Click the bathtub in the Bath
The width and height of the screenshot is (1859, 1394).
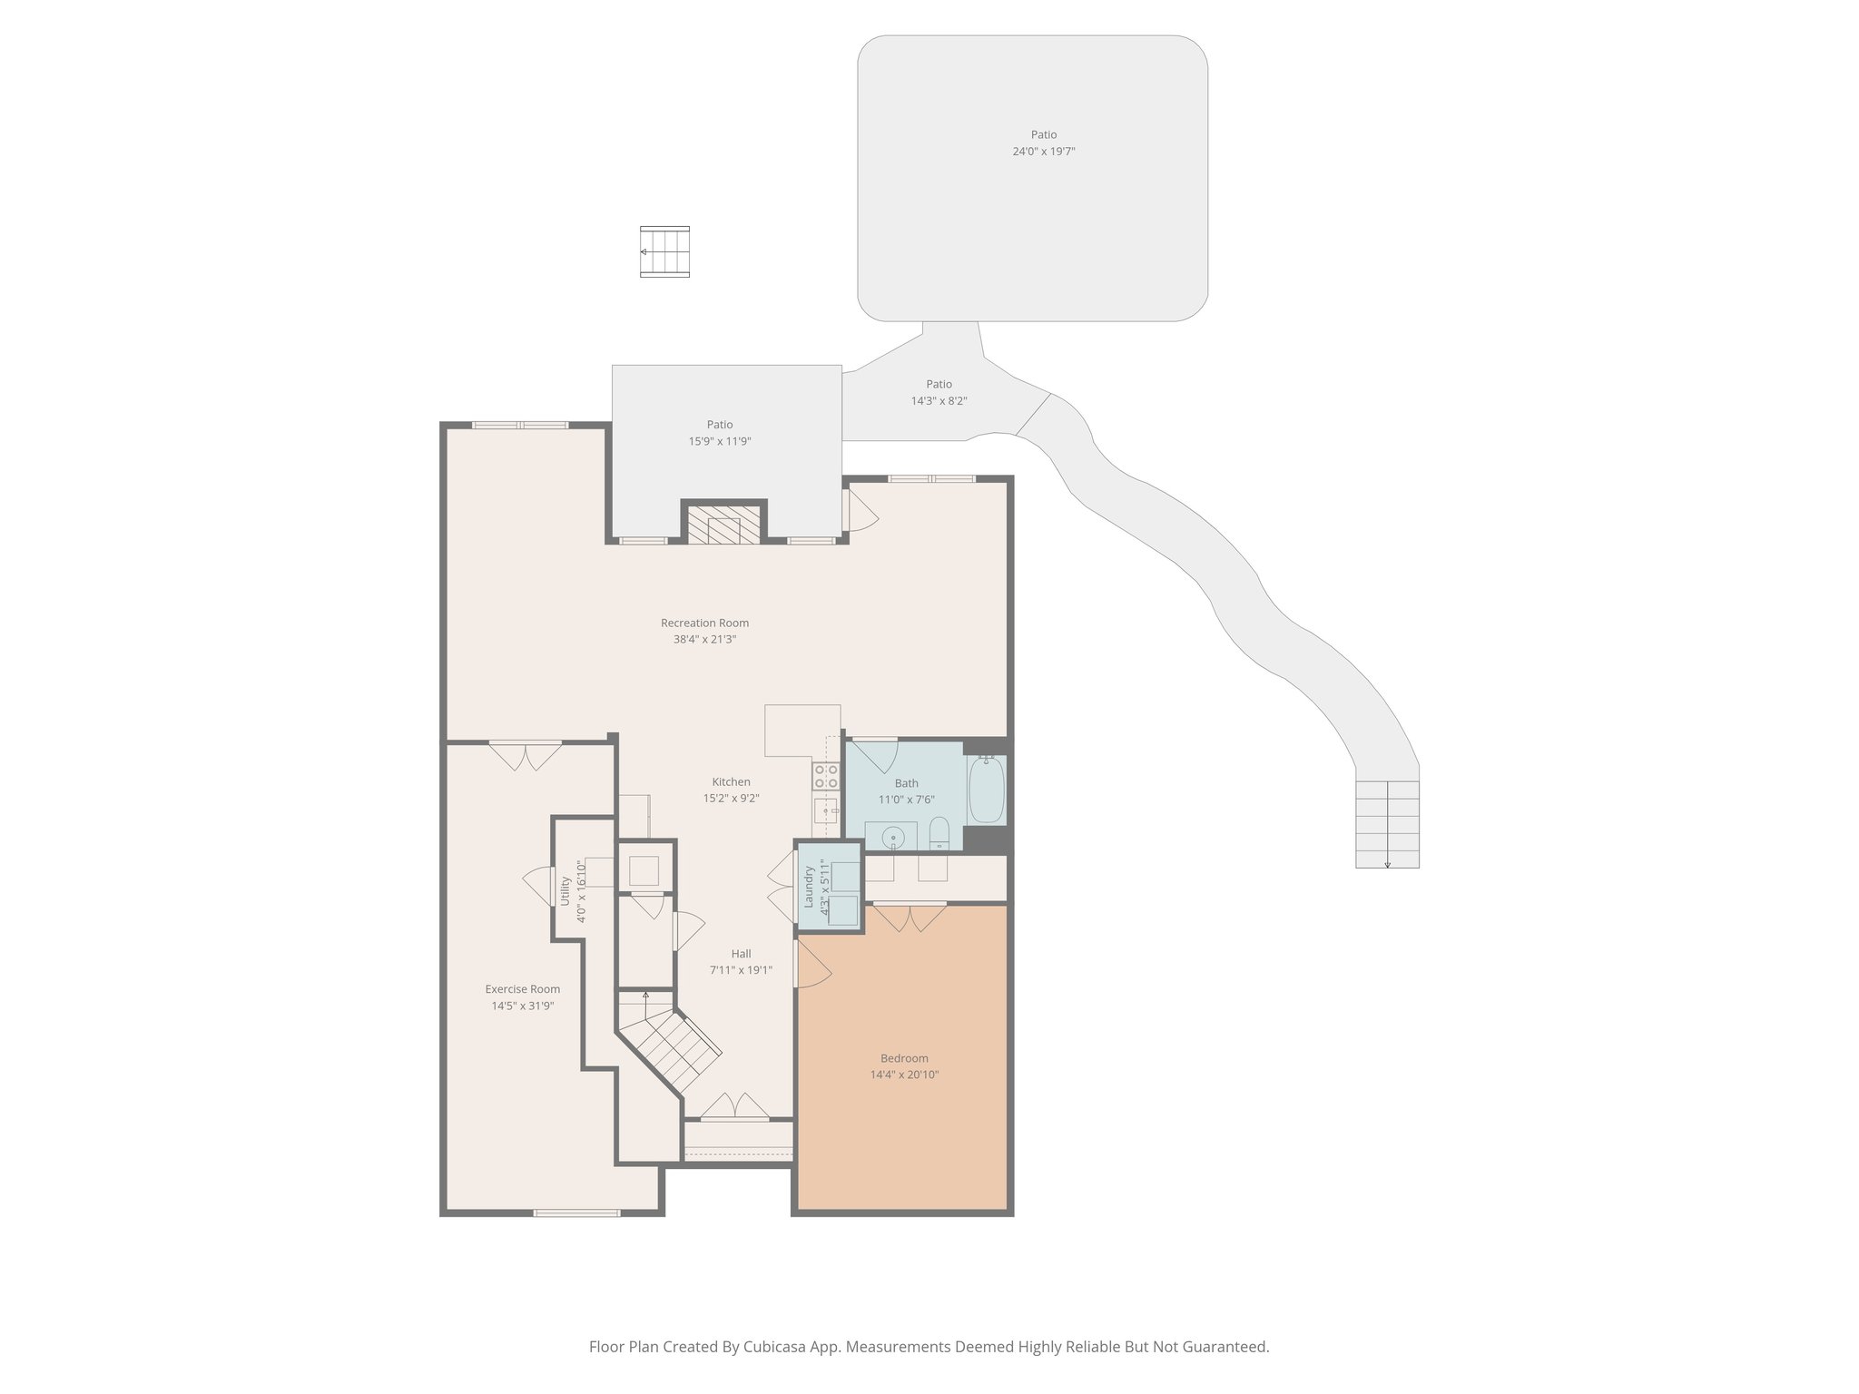[986, 790]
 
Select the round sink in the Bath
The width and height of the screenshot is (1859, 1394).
[894, 836]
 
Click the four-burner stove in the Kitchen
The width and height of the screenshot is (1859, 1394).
[826, 775]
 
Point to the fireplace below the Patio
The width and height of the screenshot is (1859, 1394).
[723, 525]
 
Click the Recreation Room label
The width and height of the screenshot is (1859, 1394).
[704, 623]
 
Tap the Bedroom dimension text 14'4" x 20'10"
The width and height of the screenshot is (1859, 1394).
[904, 1075]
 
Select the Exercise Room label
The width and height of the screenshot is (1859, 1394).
[522, 989]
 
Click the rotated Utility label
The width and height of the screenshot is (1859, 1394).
[565, 890]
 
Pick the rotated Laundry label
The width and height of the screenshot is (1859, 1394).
[808, 887]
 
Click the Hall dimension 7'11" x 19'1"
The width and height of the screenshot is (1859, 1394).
[741, 970]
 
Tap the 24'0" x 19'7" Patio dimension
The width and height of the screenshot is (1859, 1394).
[1044, 152]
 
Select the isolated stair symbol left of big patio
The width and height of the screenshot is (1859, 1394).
[664, 251]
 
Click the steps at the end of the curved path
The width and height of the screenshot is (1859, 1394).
[1387, 824]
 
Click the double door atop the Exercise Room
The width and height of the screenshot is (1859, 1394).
[526, 755]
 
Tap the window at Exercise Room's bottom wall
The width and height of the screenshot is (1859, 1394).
[576, 1212]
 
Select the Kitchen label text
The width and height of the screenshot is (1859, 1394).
[731, 781]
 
